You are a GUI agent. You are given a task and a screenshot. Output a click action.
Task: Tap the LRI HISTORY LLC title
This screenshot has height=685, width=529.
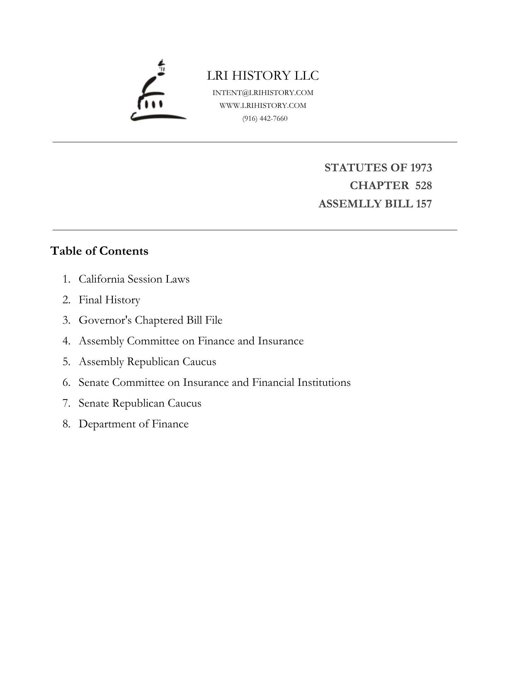[x=263, y=76]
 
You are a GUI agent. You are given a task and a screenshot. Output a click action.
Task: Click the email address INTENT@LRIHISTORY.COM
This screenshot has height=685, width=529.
[x=263, y=93]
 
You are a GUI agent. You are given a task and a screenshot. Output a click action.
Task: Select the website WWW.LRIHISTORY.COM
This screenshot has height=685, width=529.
[x=263, y=105]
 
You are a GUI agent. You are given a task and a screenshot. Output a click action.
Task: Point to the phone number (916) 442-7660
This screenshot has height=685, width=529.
[x=265, y=118]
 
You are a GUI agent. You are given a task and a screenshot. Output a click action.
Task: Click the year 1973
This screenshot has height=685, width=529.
[x=421, y=168]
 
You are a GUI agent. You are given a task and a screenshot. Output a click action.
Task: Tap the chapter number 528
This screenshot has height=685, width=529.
[x=423, y=185]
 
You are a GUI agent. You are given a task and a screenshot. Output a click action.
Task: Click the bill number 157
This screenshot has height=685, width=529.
[x=424, y=204]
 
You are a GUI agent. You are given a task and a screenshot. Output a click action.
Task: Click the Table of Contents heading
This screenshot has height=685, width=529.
[x=99, y=251]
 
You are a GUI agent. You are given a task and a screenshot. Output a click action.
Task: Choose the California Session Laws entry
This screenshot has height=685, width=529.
[x=134, y=279]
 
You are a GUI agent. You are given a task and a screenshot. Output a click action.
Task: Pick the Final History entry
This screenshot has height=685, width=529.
[x=109, y=300]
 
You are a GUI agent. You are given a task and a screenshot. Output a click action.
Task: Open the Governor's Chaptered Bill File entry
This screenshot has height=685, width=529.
[x=150, y=320]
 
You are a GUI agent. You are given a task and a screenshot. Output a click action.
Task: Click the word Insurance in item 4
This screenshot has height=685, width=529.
[x=281, y=341]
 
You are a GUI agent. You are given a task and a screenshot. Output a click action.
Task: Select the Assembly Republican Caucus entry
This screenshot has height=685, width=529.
[x=147, y=362]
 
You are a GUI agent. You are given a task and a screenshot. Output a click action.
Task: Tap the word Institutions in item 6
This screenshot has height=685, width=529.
[x=324, y=383]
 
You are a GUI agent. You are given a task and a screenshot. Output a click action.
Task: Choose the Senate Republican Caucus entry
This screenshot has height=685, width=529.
[x=140, y=403]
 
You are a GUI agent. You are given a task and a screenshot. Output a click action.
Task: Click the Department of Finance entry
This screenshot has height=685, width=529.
[x=133, y=424]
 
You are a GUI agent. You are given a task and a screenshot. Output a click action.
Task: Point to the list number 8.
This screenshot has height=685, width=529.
[x=66, y=424]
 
